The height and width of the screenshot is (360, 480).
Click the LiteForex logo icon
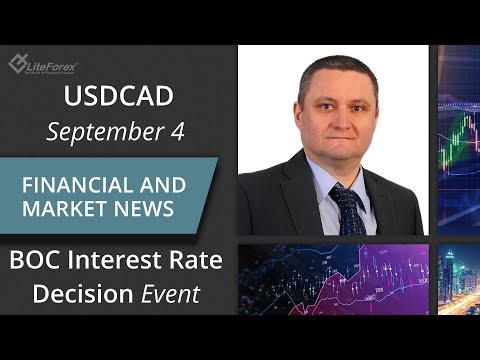click(19, 64)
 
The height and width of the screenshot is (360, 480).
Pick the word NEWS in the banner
click(148, 211)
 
